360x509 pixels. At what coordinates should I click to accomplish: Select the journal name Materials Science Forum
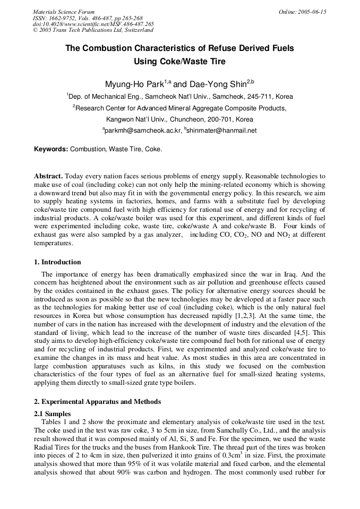64,12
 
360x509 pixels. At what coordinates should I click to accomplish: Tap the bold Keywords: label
51,150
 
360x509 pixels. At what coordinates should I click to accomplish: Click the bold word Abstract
48,176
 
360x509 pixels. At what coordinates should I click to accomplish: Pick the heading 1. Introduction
57,262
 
